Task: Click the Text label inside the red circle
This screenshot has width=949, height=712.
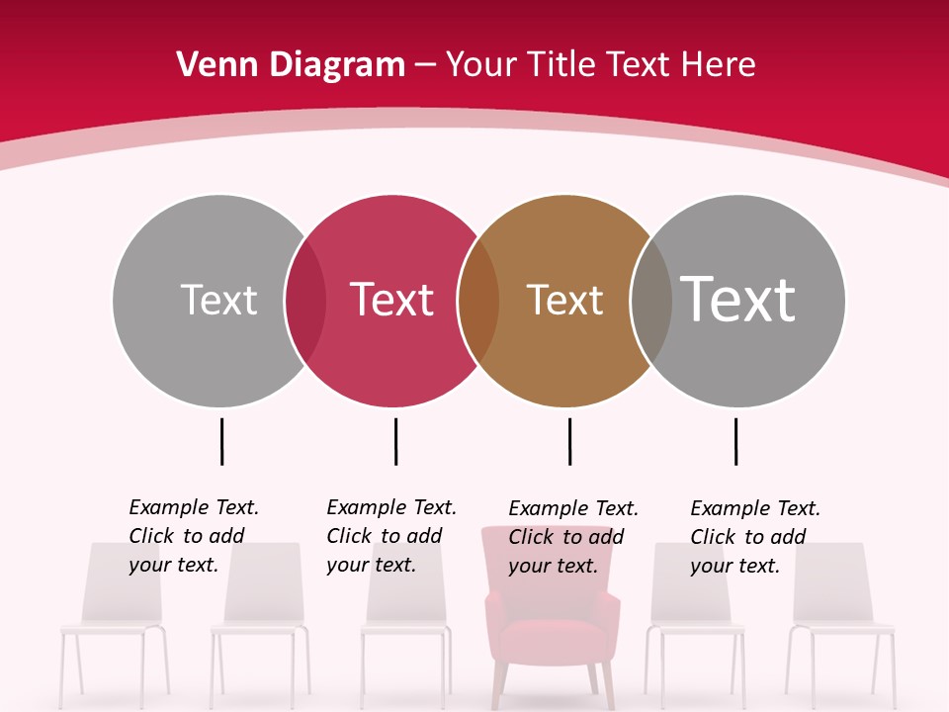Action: click(x=392, y=300)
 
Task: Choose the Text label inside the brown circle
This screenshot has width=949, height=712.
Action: click(x=564, y=301)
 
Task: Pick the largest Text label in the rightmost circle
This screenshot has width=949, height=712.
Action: click(x=737, y=299)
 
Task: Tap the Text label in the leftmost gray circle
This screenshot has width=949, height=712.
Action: click(x=218, y=300)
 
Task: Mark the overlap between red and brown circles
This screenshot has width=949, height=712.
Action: click(x=478, y=301)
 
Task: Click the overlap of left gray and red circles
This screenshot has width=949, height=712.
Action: click(x=305, y=301)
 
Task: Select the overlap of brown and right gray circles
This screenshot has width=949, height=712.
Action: click(x=650, y=301)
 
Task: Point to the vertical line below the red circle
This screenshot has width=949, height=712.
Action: click(x=395, y=441)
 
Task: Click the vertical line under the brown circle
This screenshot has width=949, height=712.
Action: click(x=569, y=441)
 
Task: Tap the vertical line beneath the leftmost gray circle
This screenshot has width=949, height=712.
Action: click(x=221, y=441)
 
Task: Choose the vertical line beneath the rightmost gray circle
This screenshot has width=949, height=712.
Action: click(x=735, y=441)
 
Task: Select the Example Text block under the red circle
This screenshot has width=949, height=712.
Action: click(x=390, y=536)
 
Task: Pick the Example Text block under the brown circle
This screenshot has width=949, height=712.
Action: click(x=572, y=537)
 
